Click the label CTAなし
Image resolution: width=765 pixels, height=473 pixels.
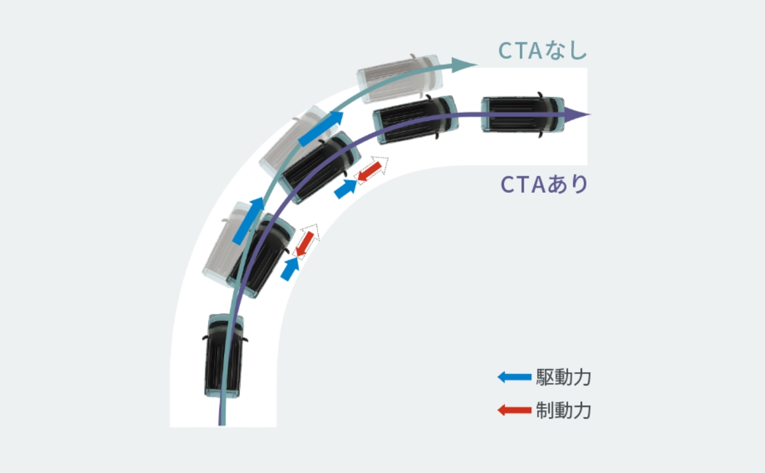(543, 51)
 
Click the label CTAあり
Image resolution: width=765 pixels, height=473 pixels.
(544, 184)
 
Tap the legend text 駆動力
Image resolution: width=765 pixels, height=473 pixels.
(564, 378)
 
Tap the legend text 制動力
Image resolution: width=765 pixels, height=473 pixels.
(564, 410)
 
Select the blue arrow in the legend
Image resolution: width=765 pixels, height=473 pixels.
(514, 377)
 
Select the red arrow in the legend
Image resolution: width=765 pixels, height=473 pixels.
(514, 410)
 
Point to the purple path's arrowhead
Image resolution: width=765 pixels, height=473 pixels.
(577, 115)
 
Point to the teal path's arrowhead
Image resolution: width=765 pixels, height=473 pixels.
(464, 65)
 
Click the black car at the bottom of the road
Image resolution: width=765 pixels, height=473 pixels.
(224, 356)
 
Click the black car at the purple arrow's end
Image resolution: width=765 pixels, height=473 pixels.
(522, 115)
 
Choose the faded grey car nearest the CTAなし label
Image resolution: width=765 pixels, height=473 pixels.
(400, 79)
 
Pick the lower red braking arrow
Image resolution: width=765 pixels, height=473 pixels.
(305, 244)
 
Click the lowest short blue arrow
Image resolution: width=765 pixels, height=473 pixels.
(290, 269)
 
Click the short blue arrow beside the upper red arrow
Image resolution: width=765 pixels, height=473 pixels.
(346, 189)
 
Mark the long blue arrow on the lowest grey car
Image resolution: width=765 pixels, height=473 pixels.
(249, 221)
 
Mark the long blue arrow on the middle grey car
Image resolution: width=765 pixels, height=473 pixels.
(321, 129)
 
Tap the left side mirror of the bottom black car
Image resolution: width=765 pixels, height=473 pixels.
(205, 338)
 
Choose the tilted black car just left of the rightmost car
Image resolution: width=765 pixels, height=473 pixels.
(415, 119)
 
